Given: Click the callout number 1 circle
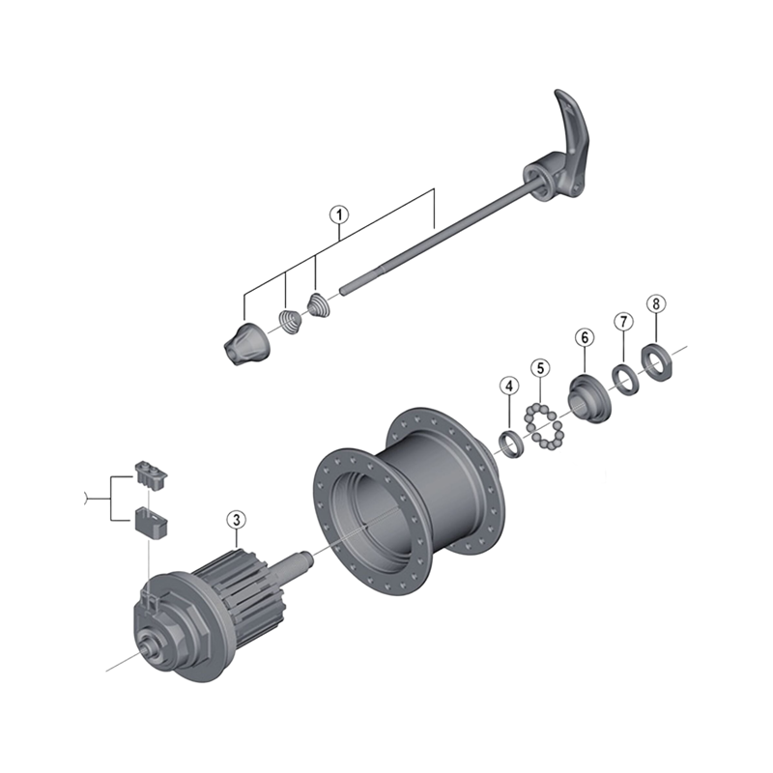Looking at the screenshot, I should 339,215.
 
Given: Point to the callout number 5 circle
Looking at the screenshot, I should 540,367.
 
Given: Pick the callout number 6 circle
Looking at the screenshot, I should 584,337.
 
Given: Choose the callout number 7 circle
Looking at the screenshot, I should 623,321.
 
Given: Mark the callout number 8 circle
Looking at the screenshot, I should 656,304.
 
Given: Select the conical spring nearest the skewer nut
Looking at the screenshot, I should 289,320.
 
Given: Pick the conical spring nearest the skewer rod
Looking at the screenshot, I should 318,306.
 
